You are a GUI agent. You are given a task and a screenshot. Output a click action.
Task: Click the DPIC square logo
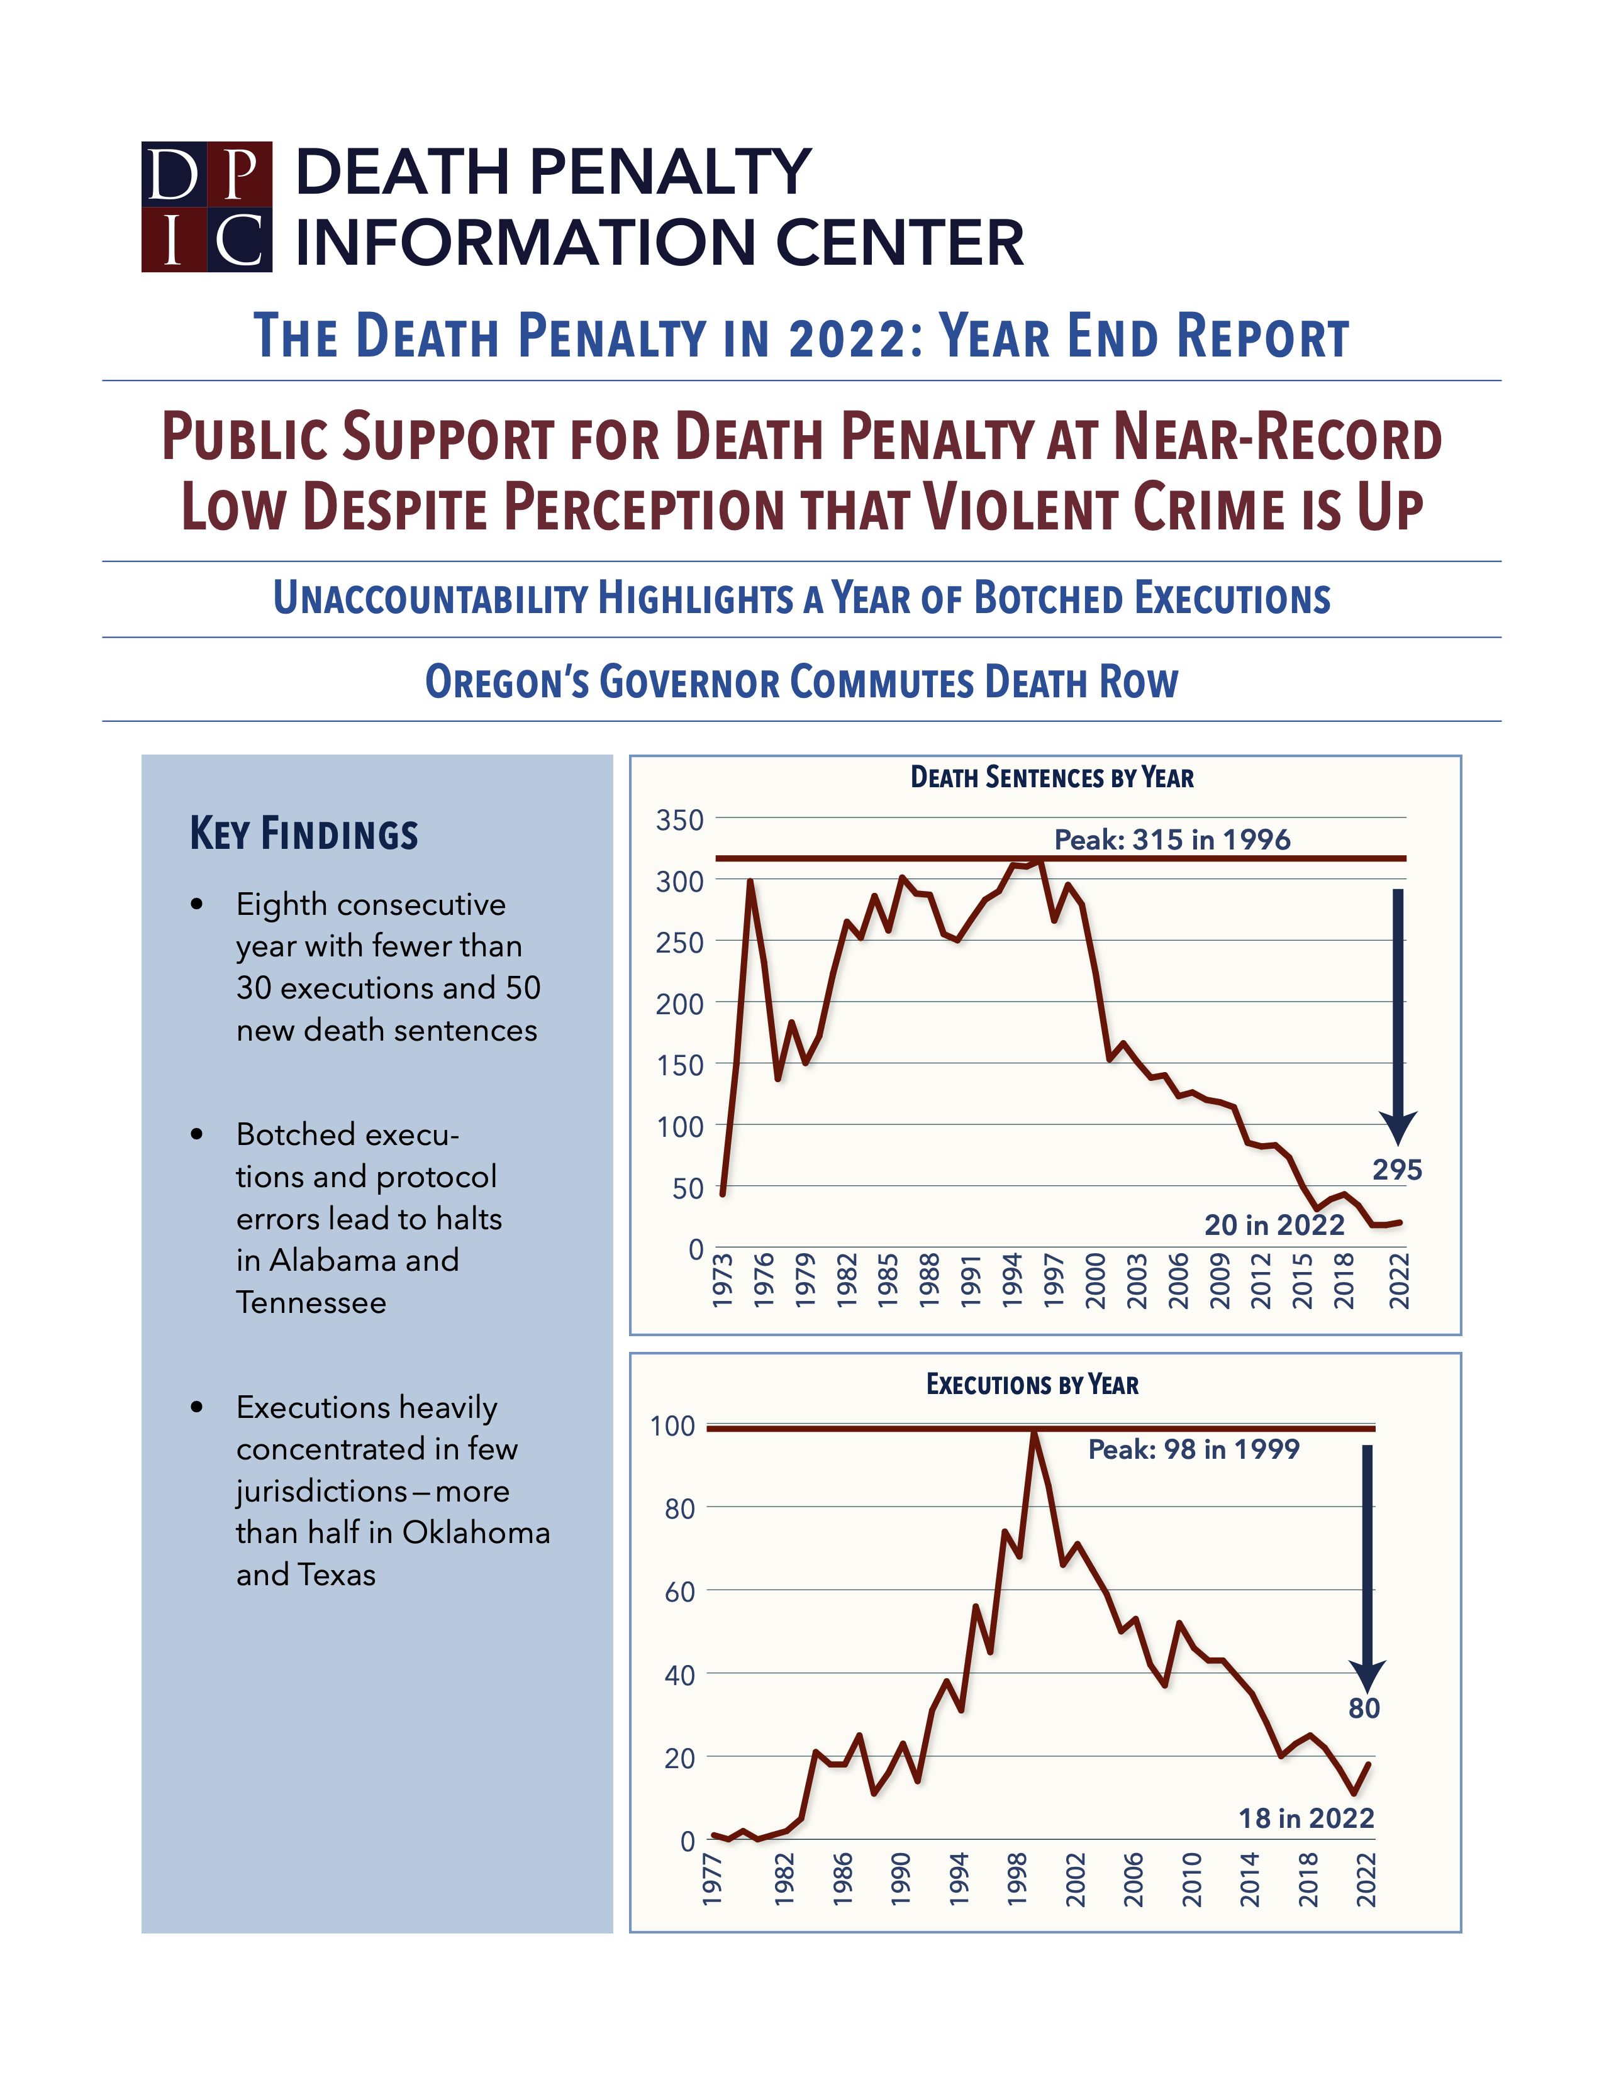[206, 206]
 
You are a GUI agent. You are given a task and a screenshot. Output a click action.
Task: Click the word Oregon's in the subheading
[506, 682]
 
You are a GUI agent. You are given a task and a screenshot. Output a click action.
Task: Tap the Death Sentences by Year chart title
[1051, 777]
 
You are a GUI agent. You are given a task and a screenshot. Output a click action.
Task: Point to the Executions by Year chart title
[1032, 1385]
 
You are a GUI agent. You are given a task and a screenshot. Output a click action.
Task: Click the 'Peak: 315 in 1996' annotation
[1172, 839]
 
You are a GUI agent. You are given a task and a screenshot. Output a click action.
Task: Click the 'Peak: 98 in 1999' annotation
[1193, 1449]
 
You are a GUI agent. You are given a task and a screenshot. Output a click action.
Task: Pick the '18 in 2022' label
[1306, 1818]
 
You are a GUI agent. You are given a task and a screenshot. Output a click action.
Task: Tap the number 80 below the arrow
[1364, 1707]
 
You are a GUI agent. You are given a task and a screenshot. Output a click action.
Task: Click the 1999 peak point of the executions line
[1034, 1433]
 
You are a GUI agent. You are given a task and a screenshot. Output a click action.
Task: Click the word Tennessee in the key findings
[311, 1302]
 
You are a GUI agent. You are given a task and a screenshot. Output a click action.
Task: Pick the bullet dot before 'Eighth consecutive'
[197, 904]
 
